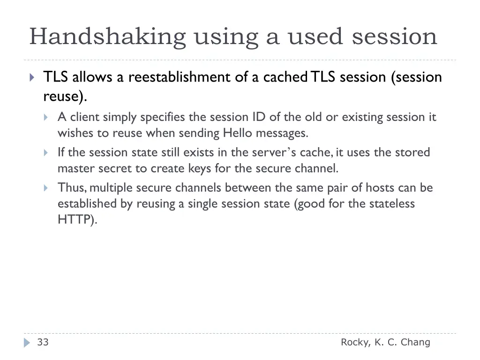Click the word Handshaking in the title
click(107, 37)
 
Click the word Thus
click(71, 188)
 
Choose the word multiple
click(111, 188)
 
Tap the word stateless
click(392, 204)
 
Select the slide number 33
click(43, 342)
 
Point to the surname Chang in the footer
click(415, 342)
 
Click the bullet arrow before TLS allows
click(32, 77)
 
